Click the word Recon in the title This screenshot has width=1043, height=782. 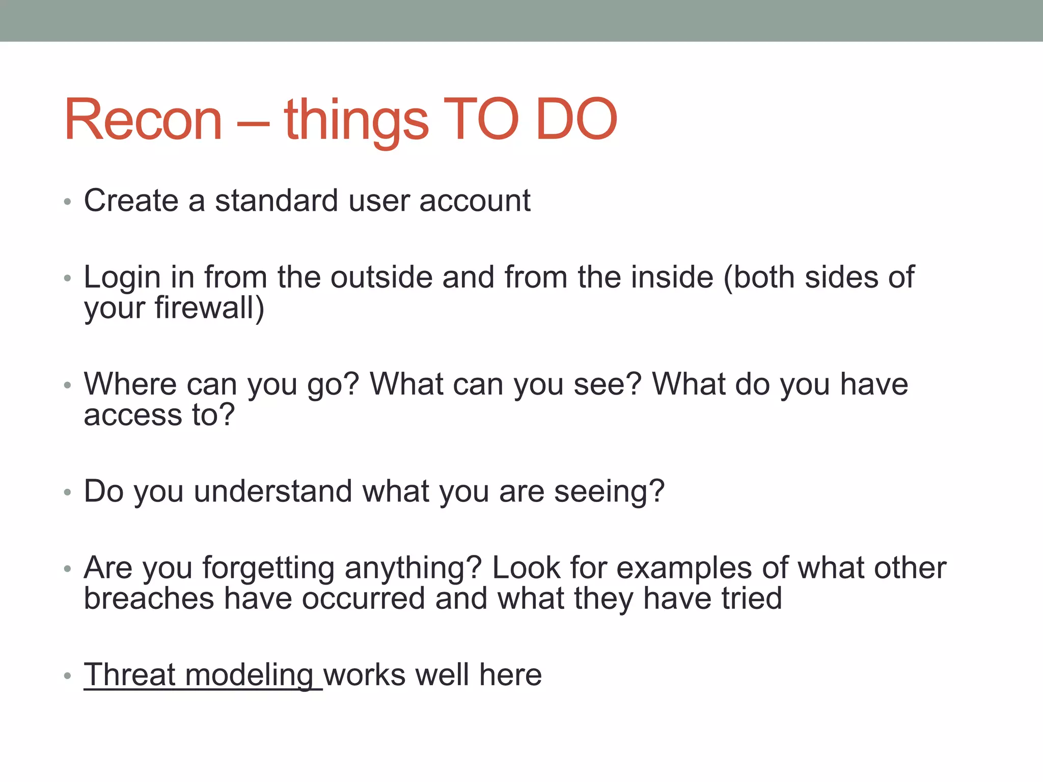click(x=143, y=120)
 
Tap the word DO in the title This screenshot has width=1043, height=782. click(x=576, y=120)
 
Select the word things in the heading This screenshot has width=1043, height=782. click(x=356, y=121)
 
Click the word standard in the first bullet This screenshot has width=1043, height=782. click(x=277, y=201)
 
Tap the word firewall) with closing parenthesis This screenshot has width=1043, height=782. click(x=209, y=308)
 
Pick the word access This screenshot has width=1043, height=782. click(x=133, y=414)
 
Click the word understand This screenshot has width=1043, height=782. click(x=273, y=491)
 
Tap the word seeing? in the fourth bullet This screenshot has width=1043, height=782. click(x=609, y=492)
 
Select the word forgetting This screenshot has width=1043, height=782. click(x=268, y=568)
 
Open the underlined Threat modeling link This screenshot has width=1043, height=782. click(x=199, y=675)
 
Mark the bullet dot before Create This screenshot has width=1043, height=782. click(x=67, y=202)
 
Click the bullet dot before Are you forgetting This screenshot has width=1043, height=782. click(x=67, y=569)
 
